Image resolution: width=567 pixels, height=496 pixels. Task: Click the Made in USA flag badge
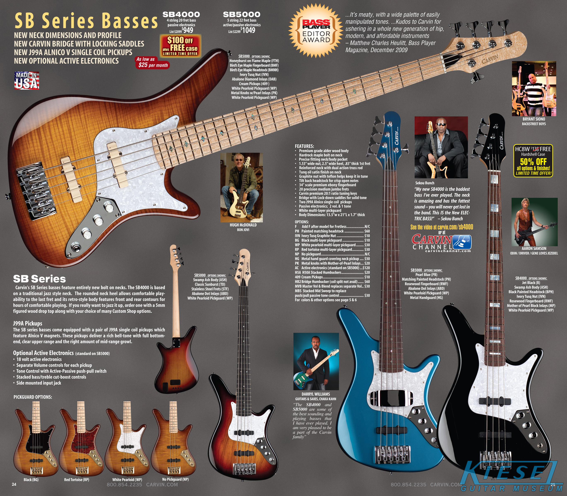click(27, 80)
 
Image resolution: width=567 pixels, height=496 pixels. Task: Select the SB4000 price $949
click(188, 30)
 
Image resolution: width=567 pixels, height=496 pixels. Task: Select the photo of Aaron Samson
click(534, 222)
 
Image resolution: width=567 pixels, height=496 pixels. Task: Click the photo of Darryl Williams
click(316, 361)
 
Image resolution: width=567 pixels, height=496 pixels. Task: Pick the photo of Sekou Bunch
click(441, 147)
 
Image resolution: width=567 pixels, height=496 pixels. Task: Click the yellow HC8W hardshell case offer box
click(533, 160)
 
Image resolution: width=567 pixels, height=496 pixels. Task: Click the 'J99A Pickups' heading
click(28, 323)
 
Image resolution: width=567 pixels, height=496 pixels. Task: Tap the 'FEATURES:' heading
click(304, 146)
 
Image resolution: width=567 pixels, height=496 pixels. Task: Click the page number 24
click(14, 484)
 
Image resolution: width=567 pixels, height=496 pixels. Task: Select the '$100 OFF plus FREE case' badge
click(180, 46)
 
